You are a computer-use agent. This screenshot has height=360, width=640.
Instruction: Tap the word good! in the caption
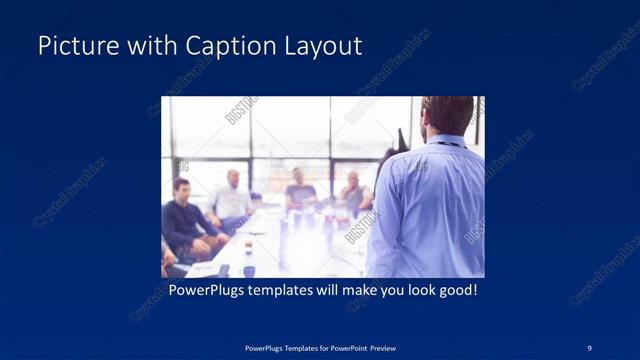click(x=457, y=292)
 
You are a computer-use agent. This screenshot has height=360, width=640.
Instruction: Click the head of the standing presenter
click(x=447, y=115)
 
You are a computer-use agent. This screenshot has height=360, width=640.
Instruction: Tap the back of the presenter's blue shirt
click(x=430, y=210)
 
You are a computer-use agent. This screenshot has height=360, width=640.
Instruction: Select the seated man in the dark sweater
click(x=185, y=220)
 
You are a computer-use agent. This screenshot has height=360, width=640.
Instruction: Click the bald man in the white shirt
click(x=233, y=198)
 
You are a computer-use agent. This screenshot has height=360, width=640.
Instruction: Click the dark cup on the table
click(x=248, y=270)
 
